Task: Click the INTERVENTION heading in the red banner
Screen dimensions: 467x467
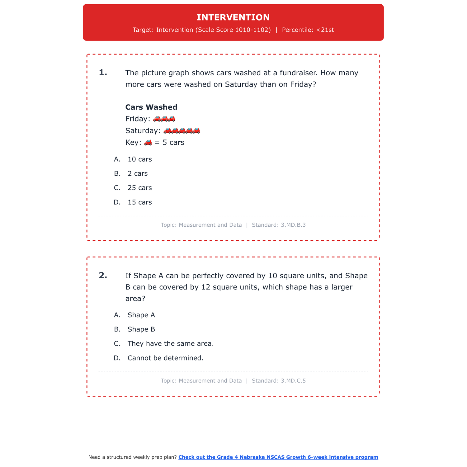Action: pyautogui.click(x=233, y=17)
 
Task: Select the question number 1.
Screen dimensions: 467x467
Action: pyautogui.click(x=103, y=73)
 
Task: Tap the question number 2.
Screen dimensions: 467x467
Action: pyautogui.click(x=103, y=276)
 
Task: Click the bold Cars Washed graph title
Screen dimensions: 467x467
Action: pyautogui.click(x=151, y=107)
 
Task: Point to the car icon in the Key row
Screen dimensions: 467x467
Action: pyautogui.click(x=148, y=143)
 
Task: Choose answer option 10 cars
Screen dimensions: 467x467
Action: pyautogui.click(x=139, y=159)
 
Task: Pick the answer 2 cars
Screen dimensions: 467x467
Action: pyautogui.click(x=138, y=174)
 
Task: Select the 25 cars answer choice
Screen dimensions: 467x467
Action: pyautogui.click(x=139, y=188)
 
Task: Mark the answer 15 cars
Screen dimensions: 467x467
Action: pyautogui.click(x=139, y=202)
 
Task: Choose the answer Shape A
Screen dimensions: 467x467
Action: pyautogui.click(x=141, y=315)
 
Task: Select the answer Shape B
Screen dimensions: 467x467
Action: pyautogui.click(x=141, y=329)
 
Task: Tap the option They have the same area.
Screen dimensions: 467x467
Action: pyautogui.click(x=170, y=344)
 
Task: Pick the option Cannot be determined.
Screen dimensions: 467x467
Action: pyautogui.click(x=165, y=358)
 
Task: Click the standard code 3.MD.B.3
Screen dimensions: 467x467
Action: pyautogui.click(x=293, y=225)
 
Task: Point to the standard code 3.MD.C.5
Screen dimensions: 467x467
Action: pyautogui.click(x=293, y=380)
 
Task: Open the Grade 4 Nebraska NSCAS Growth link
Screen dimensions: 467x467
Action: pyautogui.click(x=278, y=457)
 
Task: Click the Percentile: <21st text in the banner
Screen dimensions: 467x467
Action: pyautogui.click(x=308, y=30)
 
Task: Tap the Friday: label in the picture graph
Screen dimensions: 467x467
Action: pyautogui.click(x=138, y=119)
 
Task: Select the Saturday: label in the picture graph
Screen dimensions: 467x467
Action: pyautogui.click(x=143, y=131)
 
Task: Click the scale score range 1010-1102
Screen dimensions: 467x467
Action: pyautogui.click(x=252, y=30)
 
